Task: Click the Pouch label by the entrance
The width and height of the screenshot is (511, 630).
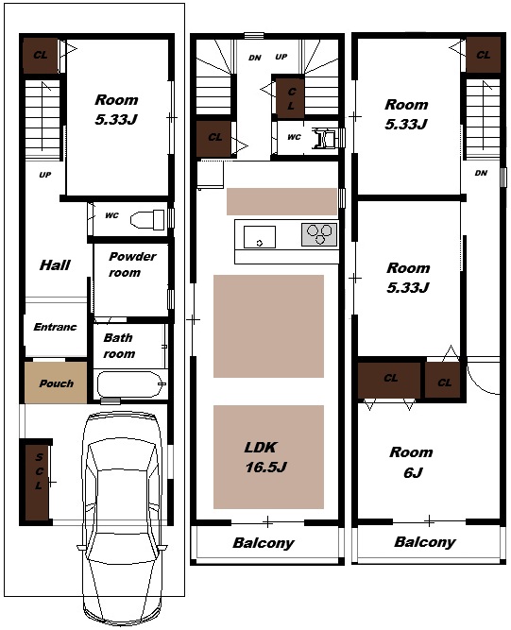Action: pyautogui.click(x=57, y=383)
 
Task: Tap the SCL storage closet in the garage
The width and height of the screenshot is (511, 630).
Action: pyautogui.click(x=38, y=482)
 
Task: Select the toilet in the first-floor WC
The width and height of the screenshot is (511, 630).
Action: pyautogui.click(x=147, y=219)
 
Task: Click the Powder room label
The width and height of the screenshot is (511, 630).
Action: pyautogui.click(x=131, y=264)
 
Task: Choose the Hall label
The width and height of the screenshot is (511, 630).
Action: pyautogui.click(x=55, y=265)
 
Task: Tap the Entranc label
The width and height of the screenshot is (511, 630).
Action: pyautogui.click(x=55, y=327)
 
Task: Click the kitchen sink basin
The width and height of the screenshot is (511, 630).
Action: pyautogui.click(x=260, y=237)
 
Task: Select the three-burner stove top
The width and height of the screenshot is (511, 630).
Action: pyautogui.click(x=319, y=234)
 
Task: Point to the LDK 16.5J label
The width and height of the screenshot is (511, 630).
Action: pyautogui.click(x=265, y=457)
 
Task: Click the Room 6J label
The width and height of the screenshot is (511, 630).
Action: pyautogui.click(x=412, y=463)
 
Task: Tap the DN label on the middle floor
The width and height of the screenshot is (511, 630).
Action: pyautogui.click(x=255, y=58)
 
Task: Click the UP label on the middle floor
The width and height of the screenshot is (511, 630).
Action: pyautogui.click(x=281, y=57)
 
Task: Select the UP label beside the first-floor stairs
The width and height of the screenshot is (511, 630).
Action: pyautogui.click(x=45, y=175)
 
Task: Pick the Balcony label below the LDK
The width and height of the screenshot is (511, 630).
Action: pyautogui.click(x=264, y=543)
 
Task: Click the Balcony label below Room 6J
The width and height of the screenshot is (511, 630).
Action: pyautogui.click(x=425, y=542)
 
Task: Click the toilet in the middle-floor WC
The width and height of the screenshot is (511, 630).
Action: pyautogui.click(x=325, y=138)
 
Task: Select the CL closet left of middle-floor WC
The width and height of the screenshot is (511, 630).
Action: pyautogui.click(x=213, y=139)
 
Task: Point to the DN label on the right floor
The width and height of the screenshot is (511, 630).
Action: pyautogui.click(x=481, y=173)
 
